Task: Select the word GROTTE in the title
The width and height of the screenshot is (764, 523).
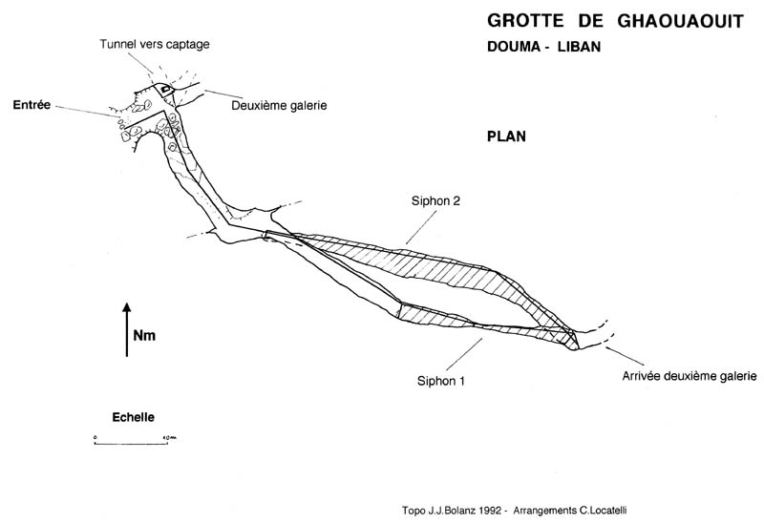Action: pyautogui.click(x=517, y=20)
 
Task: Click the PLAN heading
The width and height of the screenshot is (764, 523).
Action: pyautogui.click(x=506, y=136)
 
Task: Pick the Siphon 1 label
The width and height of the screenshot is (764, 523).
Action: pyautogui.click(x=442, y=379)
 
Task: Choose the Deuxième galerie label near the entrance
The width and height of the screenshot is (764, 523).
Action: pyautogui.click(x=279, y=106)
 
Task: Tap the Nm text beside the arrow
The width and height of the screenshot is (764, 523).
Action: pyautogui.click(x=144, y=336)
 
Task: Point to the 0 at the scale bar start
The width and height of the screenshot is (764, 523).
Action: pyautogui.click(x=95, y=436)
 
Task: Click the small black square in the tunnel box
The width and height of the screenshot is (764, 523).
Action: pyautogui.click(x=166, y=90)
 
